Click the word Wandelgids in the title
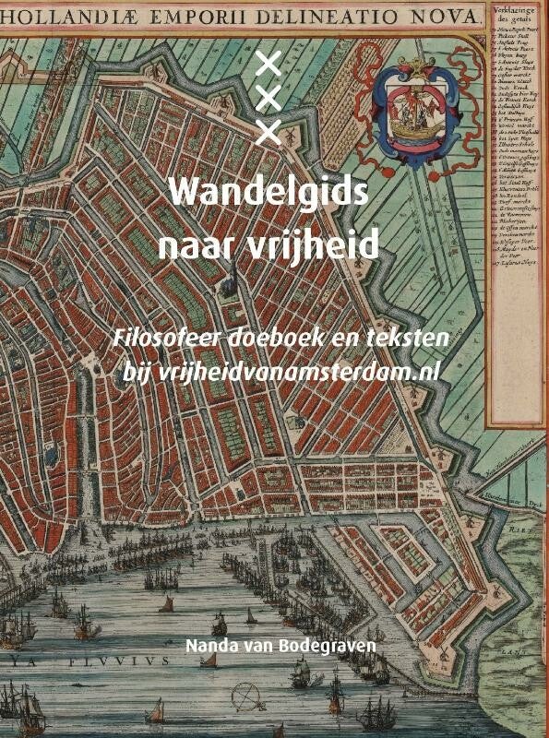(x=269, y=195)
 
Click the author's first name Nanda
(x=212, y=645)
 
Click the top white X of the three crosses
(x=268, y=64)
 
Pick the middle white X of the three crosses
(x=268, y=98)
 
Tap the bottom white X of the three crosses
(x=268, y=132)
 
